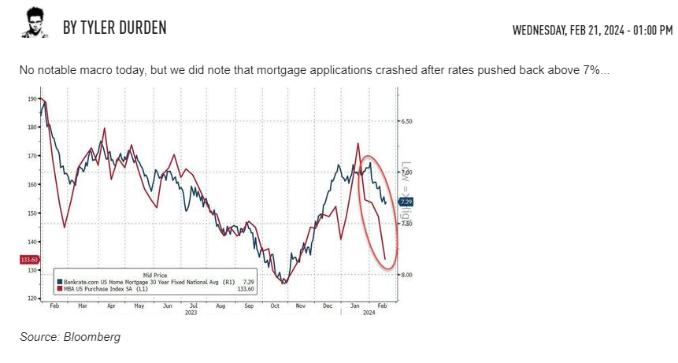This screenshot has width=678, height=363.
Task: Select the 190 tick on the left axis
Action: click(x=31, y=99)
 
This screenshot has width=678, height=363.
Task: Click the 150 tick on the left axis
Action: click(x=31, y=213)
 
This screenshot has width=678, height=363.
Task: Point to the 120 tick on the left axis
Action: click(x=31, y=298)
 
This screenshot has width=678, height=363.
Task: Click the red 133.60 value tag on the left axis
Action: click(x=28, y=260)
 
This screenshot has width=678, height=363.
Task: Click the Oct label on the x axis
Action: click(x=275, y=305)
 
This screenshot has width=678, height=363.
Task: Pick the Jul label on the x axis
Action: click(x=193, y=305)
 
